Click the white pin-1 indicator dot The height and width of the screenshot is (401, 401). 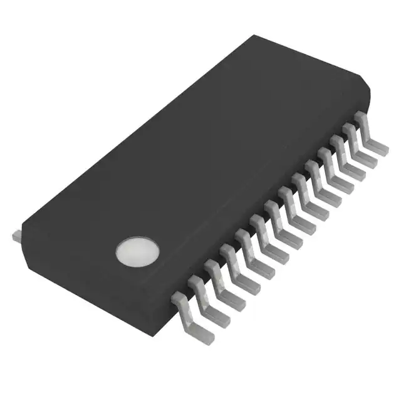point(138,251)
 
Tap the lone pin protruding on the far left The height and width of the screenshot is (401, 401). point(17,236)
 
